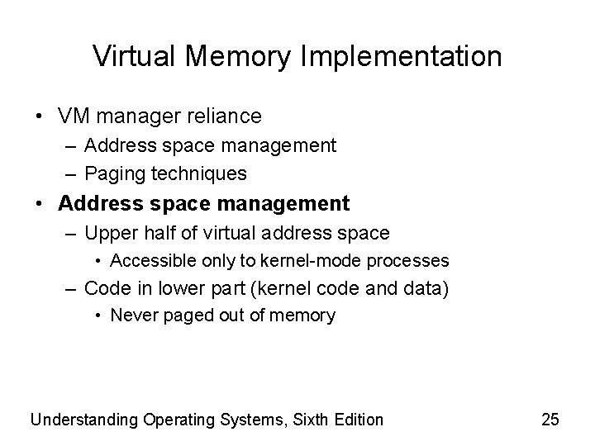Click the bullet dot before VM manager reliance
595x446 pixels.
(x=40, y=116)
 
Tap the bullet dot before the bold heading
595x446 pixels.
(x=40, y=203)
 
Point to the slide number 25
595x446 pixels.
(x=550, y=420)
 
